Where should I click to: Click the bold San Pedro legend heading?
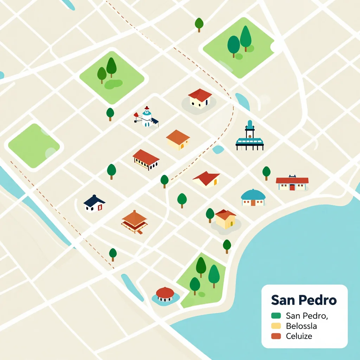coord(304,301)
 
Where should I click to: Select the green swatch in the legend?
coord(276,316)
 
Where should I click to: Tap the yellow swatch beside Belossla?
coord(276,326)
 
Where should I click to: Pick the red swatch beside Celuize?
coord(276,336)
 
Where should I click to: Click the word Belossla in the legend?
coord(302,326)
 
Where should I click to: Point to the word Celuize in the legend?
coord(299,336)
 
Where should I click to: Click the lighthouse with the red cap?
coord(146,117)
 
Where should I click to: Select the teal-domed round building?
coord(253,198)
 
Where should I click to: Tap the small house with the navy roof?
coord(94,204)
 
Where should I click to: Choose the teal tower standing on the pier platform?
coord(250,130)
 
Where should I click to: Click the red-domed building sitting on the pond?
coord(165,294)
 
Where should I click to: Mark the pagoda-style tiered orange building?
coord(134,221)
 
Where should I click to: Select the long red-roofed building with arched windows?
coord(146,160)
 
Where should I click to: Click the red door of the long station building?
coord(292,187)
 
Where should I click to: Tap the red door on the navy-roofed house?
coord(100,207)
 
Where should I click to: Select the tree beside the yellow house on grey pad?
coord(210,215)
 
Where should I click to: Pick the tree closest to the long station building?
coord(266,173)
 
